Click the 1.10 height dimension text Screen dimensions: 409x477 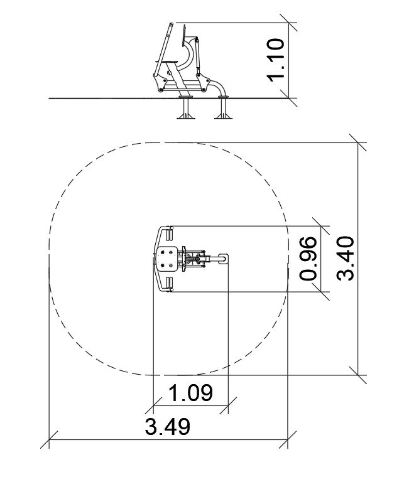coord(276,60)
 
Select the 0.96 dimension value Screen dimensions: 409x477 coord(308,259)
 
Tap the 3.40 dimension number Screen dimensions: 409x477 coord(346,258)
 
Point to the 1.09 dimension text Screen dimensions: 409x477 coord(190,393)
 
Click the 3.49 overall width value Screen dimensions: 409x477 coord(168,427)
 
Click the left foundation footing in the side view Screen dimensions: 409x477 coord(186,108)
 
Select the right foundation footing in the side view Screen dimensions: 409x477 coord(223,108)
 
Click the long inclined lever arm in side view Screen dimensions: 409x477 coord(163,50)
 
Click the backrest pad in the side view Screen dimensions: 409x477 coord(183,36)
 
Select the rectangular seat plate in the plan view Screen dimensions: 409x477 coord(167,259)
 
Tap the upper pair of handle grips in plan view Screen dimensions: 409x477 coord(170,233)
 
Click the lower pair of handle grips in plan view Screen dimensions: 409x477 coord(170,284)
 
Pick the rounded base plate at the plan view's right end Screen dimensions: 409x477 coord(223,259)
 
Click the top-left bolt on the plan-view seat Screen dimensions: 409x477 coord(163,252)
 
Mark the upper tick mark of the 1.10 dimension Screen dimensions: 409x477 coord(288,23)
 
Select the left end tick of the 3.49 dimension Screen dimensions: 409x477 coord(49,439)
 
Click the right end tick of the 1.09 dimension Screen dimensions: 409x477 coord(228,405)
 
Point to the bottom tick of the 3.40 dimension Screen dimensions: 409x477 coord(358,375)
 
